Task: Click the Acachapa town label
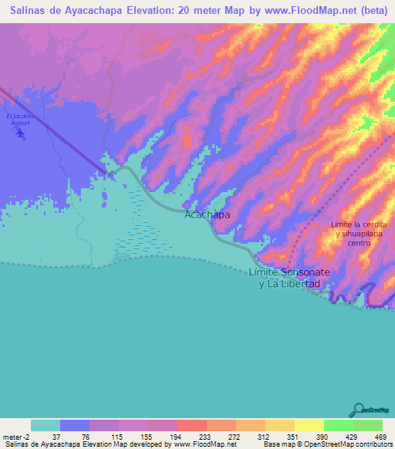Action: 207,215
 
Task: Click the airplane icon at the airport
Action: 19,133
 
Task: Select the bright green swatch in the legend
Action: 338,425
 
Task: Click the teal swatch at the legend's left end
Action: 46,425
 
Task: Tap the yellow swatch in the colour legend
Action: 309,425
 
